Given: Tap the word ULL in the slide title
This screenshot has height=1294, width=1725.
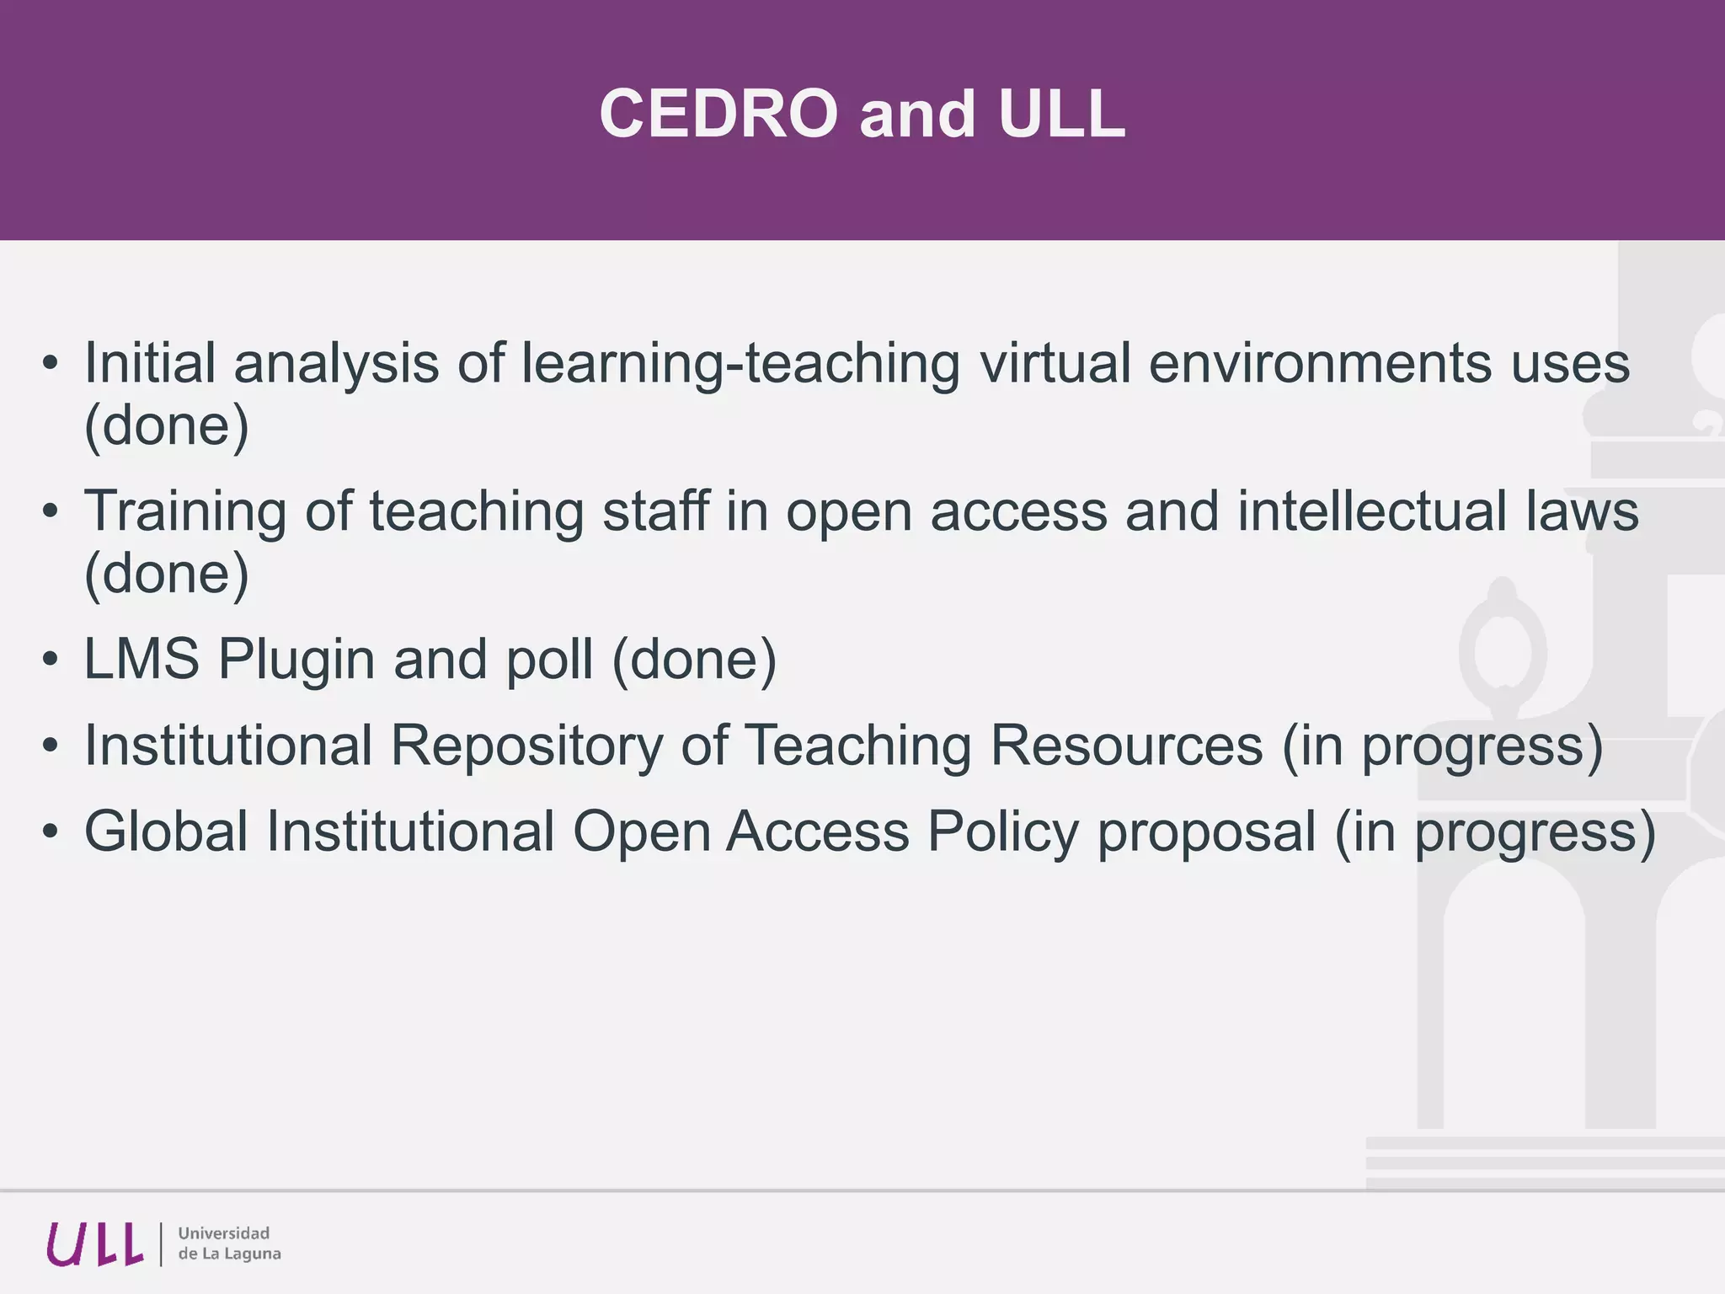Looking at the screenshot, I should pos(1061,114).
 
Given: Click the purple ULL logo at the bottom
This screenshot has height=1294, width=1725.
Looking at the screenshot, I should pos(94,1244).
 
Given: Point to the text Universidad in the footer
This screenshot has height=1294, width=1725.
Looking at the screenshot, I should pos(224,1233).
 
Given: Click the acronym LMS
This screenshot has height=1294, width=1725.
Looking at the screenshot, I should pos(142,658).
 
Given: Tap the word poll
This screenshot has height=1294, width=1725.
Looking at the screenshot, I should pos(549,658).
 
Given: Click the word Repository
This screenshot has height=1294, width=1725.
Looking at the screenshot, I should pos(527,746).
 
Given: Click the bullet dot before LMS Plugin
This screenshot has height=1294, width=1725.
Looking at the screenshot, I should pos(51,660).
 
